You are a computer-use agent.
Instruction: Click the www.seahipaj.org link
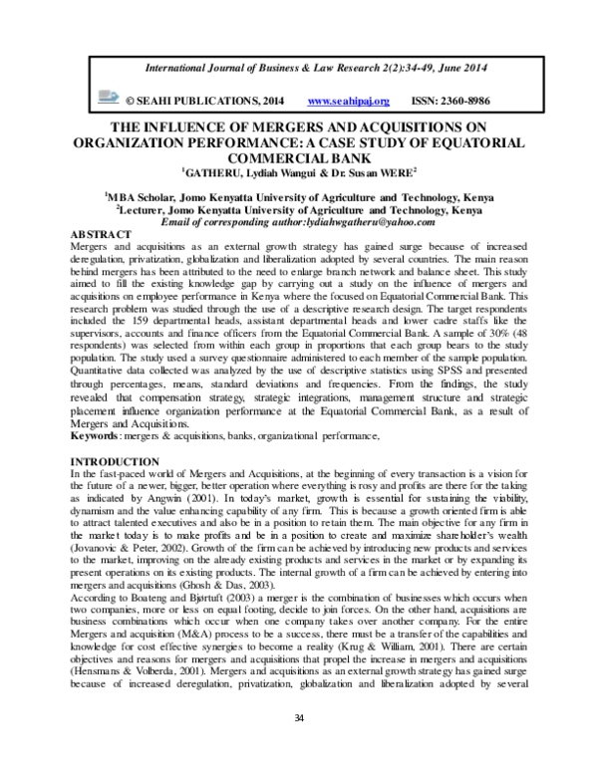(349, 102)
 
